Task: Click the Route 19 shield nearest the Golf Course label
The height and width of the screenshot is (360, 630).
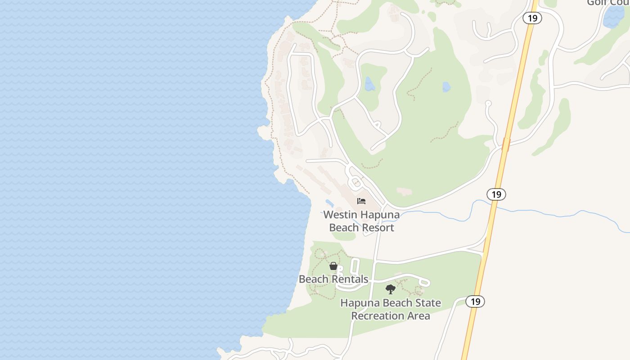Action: point(532,18)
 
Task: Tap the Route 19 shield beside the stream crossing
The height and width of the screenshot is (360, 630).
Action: point(496,194)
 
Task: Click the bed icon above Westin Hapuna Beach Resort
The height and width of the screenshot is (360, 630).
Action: point(361,201)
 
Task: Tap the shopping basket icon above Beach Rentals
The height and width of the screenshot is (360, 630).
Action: point(333,266)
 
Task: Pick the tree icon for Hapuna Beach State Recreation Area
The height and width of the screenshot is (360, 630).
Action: point(391,289)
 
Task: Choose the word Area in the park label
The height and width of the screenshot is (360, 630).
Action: point(418,316)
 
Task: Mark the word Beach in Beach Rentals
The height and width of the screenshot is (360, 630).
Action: point(313,279)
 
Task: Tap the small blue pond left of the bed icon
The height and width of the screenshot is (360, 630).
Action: point(329,203)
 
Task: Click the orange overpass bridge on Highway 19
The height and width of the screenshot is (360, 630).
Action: point(506,144)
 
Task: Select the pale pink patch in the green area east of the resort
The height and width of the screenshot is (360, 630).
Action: point(404,192)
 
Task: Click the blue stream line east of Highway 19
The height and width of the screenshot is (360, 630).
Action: point(562,211)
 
